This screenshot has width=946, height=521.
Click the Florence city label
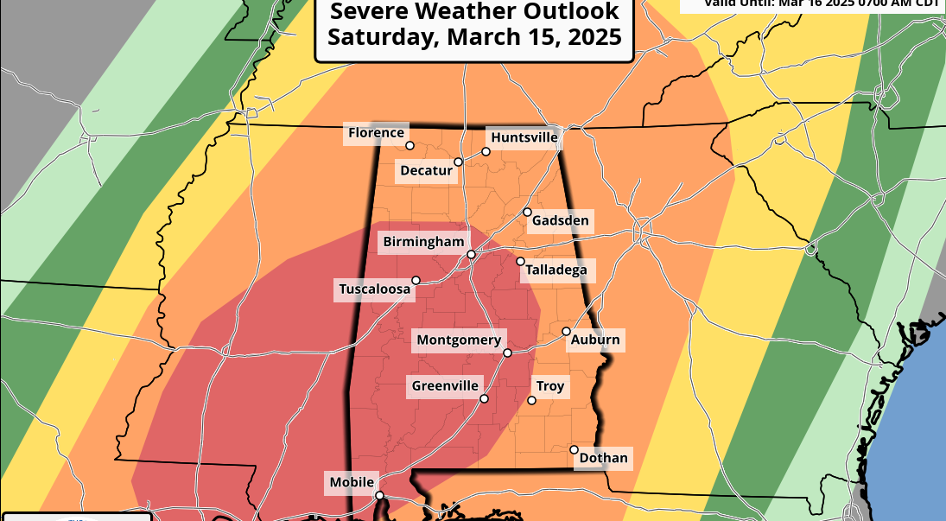click(x=376, y=133)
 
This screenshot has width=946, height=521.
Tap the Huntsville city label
click(x=524, y=137)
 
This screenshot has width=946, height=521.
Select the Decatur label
click(x=426, y=171)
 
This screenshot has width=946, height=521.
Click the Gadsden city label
click(x=560, y=221)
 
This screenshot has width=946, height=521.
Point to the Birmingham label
click(x=423, y=242)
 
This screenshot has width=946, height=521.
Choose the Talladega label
click(x=558, y=270)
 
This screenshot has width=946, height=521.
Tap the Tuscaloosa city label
click(x=374, y=289)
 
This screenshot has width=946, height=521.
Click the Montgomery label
click(x=458, y=340)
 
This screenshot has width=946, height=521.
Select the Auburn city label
click(x=594, y=340)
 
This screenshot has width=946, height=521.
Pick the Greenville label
click(x=444, y=385)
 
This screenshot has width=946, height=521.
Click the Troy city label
click(x=550, y=386)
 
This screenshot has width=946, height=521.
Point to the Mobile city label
click(x=352, y=482)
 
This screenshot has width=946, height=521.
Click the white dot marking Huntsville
click(x=486, y=151)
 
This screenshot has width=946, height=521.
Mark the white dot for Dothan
click(x=574, y=449)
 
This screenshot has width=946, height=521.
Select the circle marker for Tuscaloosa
click(x=416, y=280)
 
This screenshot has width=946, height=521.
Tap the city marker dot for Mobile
click(x=379, y=495)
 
